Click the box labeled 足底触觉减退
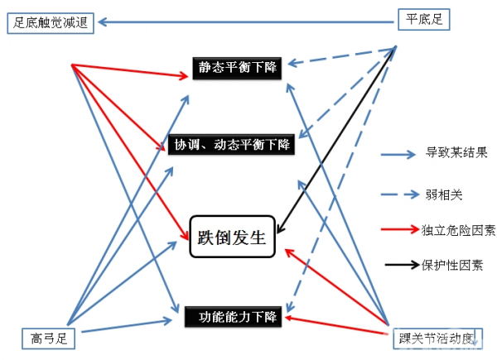(x=51, y=22)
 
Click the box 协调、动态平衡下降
(x=231, y=144)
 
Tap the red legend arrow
(x=400, y=229)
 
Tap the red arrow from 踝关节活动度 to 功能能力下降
(x=340, y=325)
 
